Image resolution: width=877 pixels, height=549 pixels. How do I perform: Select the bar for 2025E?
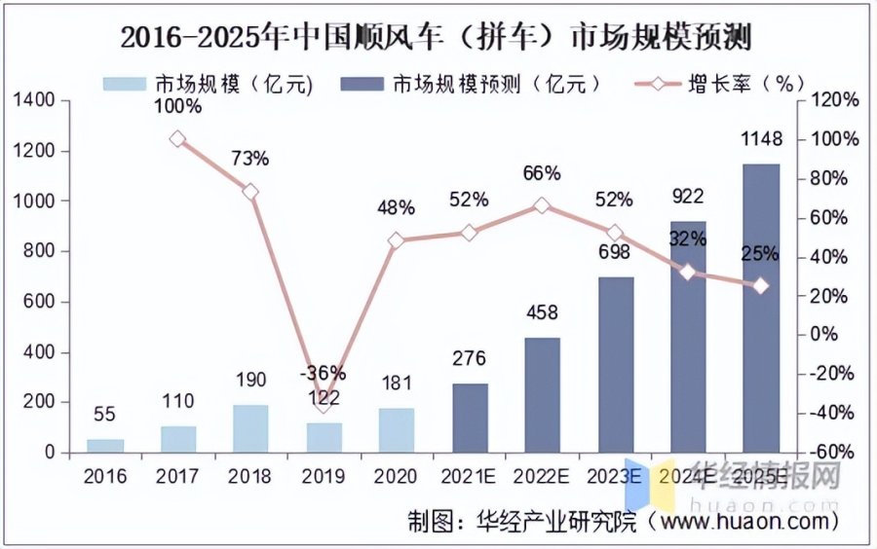click(761, 308)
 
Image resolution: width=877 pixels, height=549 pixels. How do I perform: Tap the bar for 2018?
click(249, 428)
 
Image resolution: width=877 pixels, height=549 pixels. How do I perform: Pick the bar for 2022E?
click(542, 394)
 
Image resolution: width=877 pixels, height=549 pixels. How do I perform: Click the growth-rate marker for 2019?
click(324, 401)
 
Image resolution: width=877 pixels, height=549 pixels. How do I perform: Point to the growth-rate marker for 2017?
click(176, 139)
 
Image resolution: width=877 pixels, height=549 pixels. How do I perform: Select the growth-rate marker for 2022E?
click(542, 205)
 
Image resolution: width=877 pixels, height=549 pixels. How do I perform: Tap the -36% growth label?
click(324, 373)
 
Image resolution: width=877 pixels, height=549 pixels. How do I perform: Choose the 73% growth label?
click(249, 158)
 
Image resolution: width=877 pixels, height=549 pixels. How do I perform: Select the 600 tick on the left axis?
click(41, 302)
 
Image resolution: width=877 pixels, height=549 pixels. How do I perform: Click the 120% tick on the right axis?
click(837, 100)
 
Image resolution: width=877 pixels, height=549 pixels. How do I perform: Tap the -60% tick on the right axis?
click(837, 453)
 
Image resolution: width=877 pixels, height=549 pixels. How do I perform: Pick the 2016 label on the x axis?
click(104, 476)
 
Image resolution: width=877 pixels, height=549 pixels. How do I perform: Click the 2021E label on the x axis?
click(469, 476)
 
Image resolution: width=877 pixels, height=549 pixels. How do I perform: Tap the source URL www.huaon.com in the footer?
click(741, 523)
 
